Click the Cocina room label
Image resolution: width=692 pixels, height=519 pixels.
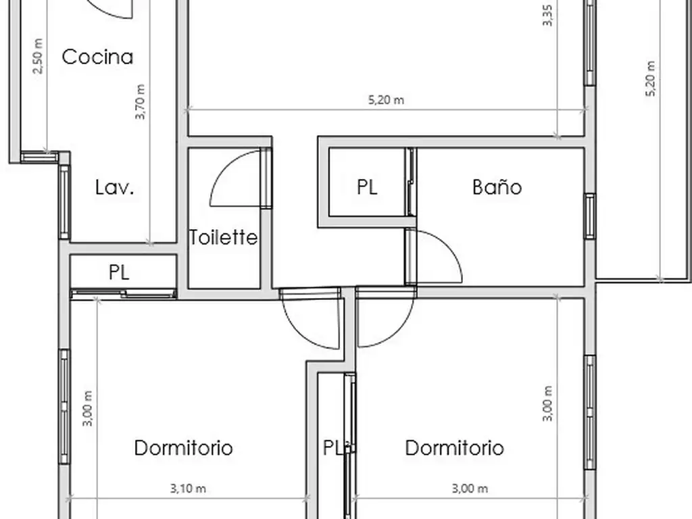pyautogui.click(x=97, y=57)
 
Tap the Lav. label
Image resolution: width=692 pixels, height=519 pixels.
pyautogui.click(x=114, y=187)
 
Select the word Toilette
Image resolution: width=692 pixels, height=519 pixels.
pyautogui.click(x=223, y=237)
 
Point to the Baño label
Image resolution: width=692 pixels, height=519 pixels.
pyautogui.click(x=497, y=187)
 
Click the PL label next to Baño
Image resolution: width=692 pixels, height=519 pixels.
pyautogui.click(x=367, y=187)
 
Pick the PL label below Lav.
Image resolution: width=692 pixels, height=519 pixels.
pyautogui.click(x=119, y=272)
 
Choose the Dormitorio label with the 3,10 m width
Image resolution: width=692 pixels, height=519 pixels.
pyautogui.click(x=183, y=448)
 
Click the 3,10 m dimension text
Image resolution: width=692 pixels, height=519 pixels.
pyautogui.click(x=188, y=489)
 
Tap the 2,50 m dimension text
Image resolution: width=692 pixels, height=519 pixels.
pyautogui.click(x=39, y=56)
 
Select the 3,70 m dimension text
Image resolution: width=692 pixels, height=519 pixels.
pyautogui.click(x=140, y=101)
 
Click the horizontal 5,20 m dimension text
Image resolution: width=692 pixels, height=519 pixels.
pyautogui.click(x=386, y=100)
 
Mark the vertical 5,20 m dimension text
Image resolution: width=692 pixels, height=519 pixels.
pyautogui.click(x=651, y=78)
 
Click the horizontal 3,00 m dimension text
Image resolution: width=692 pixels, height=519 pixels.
pyautogui.click(x=470, y=489)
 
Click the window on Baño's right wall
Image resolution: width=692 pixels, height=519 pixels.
pyautogui.click(x=590, y=216)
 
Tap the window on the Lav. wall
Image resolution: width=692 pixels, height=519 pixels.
pyautogui.click(x=64, y=203)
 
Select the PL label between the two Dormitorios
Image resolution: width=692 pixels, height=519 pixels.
pyautogui.click(x=332, y=448)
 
